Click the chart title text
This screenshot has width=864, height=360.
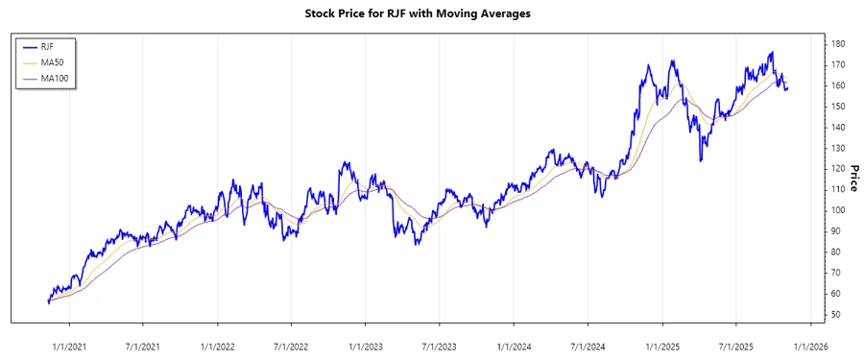(431, 14)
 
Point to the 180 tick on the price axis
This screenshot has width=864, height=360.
(838, 44)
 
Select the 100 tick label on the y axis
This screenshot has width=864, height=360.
(838, 210)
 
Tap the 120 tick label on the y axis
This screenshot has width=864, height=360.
(838, 169)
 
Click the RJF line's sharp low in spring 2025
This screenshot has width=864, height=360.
(701, 160)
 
